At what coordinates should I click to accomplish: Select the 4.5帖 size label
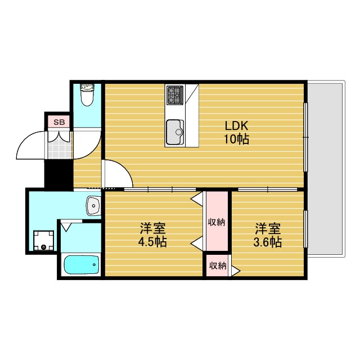pos(152,242)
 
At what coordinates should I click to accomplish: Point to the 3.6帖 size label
pos(268,242)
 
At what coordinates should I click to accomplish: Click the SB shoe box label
pos(58,121)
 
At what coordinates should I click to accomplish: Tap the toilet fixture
pos(87,96)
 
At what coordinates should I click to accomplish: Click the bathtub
pos(81,265)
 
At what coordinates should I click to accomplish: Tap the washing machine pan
pos(43,241)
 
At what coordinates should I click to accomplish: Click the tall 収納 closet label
pos(217,222)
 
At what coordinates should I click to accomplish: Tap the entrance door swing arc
pos(29,145)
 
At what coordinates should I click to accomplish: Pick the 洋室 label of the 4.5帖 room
pos(152,229)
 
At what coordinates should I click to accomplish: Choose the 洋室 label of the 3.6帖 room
pos(268,229)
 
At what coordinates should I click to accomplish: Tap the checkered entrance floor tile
pos(58,145)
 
